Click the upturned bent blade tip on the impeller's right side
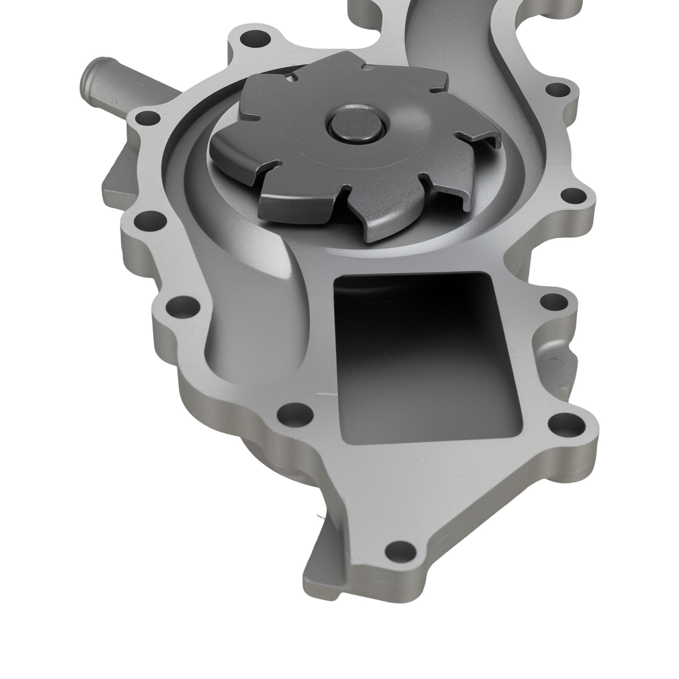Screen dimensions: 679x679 pyautogui.click(x=488, y=140)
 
